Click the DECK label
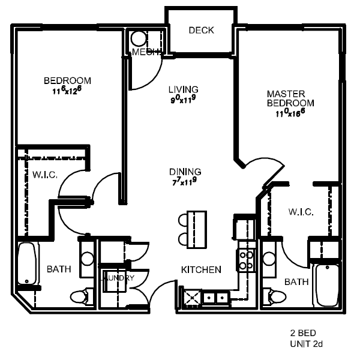click(x=201, y=31)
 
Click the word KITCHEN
click(x=201, y=270)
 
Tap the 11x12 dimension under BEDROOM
click(x=67, y=91)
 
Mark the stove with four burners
click(x=246, y=259)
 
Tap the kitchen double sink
click(x=215, y=296)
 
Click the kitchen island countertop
click(x=196, y=227)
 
